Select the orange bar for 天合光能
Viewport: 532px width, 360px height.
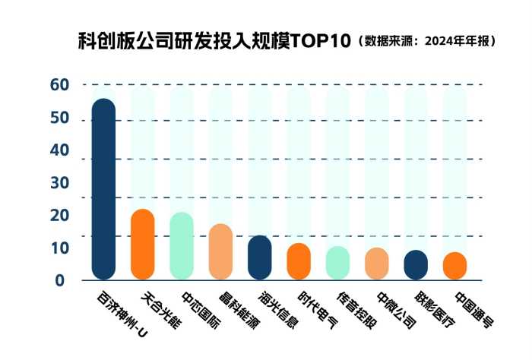click(142, 244)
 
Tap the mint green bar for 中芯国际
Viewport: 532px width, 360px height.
click(181, 245)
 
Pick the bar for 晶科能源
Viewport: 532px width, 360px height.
click(220, 251)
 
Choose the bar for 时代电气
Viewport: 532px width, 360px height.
click(299, 261)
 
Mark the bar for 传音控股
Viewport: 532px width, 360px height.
click(337, 262)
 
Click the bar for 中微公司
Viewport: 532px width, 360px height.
click(377, 263)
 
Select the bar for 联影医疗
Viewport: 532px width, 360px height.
click(416, 264)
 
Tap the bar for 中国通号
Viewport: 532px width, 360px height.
click(454, 265)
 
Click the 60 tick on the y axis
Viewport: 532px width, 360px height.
click(60, 85)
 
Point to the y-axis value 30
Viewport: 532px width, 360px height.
click(60, 183)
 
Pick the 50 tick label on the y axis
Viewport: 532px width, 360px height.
click(60, 118)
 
